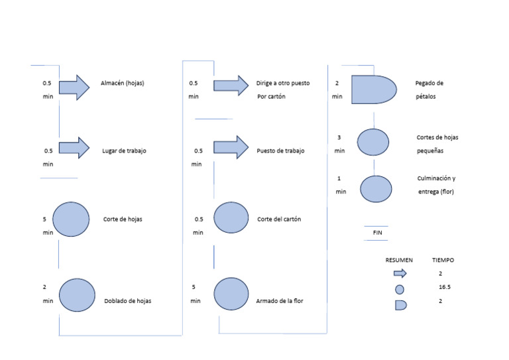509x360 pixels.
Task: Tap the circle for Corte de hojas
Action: pyautogui.click(x=71, y=219)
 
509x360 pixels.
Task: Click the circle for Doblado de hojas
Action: pyautogui.click(x=77, y=295)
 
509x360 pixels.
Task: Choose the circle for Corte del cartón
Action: pyautogui.click(x=231, y=218)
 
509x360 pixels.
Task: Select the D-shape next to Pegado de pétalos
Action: pyautogui.click(x=373, y=89)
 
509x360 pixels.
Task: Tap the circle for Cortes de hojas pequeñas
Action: pyautogui.click(x=373, y=141)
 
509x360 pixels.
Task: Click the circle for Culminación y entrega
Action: pyautogui.click(x=376, y=189)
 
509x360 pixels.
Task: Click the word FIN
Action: pyautogui.click(x=377, y=233)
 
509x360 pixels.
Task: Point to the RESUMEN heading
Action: pyautogui.click(x=399, y=260)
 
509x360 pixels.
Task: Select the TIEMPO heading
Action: pyautogui.click(x=443, y=260)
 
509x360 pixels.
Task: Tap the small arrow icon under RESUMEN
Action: pyautogui.click(x=400, y=273)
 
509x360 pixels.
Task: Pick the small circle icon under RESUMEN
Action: pyautogui.click(x=399, y=289)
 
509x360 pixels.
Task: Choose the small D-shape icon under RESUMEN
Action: pyautogui.click(x=400, y=304)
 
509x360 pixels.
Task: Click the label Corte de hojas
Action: pyautogui.click(x=123, y=219)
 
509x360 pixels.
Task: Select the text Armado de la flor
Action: pyautogui.click(x=280, y=301)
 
